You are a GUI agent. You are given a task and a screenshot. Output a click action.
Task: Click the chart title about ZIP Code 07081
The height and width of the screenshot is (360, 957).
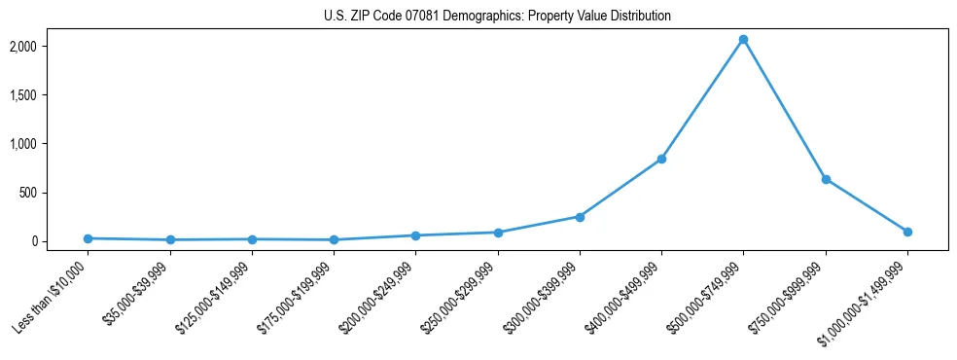click(497, 17)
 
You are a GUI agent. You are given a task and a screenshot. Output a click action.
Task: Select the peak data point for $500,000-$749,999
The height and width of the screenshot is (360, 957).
click(743, 40)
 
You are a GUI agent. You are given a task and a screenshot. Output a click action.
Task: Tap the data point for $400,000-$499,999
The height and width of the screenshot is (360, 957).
click(661, 159)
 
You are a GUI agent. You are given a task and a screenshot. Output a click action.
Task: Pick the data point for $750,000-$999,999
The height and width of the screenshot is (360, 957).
click(826, 179)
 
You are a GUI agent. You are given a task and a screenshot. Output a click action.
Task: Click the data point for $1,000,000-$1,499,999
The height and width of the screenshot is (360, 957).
click(907, 232)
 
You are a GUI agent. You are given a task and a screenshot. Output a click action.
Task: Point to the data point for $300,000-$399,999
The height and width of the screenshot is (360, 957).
click(580, 217)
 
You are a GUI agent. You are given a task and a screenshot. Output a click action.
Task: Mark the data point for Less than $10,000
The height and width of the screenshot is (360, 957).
click(88, 238)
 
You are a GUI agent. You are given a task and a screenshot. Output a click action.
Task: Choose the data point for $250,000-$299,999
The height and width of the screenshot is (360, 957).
click(498, 233)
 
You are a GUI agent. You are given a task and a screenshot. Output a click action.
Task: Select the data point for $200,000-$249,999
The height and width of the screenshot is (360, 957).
click(415, 235)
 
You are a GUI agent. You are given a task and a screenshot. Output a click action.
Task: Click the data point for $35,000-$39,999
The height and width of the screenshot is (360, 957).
click(170, 239)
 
